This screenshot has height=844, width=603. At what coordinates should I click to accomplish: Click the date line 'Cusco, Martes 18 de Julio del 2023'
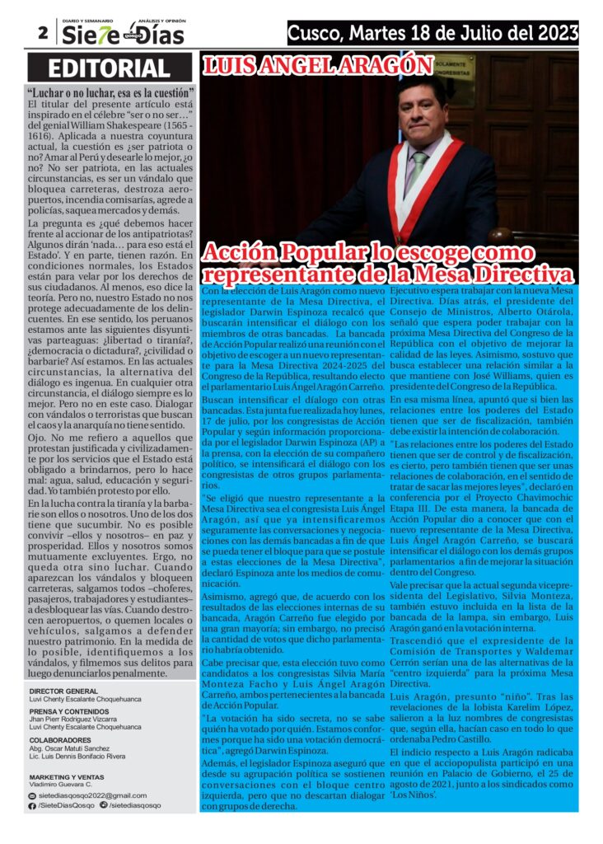[x=432, y=33]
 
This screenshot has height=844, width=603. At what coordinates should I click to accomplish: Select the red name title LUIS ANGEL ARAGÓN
[x=318, y=66]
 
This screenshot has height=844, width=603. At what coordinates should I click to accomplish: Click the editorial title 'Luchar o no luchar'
[x=110, y=92]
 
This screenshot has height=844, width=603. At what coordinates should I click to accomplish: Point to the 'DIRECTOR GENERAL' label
[x=63, y=691]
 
